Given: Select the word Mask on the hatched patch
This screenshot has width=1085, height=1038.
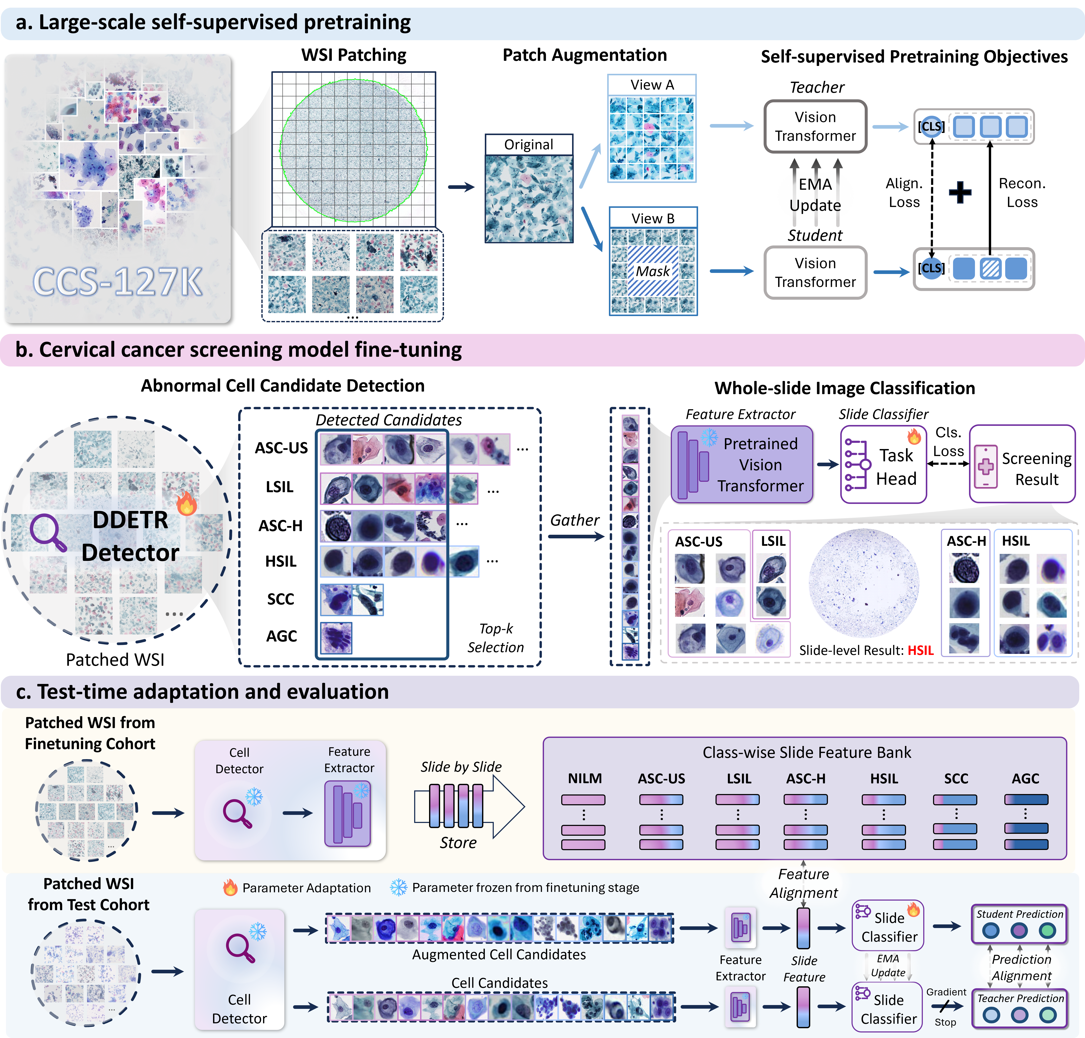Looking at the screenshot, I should tap(653, 271).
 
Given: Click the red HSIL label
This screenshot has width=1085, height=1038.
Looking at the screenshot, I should tap(920, 650).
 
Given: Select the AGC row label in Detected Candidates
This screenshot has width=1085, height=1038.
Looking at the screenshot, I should tap(281, 636).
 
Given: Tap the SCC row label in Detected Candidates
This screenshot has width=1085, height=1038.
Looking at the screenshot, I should tap(281, 599).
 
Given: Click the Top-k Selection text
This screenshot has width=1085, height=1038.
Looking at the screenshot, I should tap(495, 638).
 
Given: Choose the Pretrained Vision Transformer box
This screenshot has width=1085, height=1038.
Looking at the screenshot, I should tap(742, 464).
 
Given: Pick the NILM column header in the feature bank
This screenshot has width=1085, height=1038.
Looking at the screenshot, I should tap(585, 778).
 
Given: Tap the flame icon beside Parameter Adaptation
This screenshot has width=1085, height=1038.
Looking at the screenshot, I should tap(230, 887).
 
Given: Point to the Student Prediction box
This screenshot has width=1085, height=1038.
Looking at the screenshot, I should tap(1020, 924).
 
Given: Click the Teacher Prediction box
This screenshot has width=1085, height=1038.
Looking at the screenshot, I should tap(1020, 1008).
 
